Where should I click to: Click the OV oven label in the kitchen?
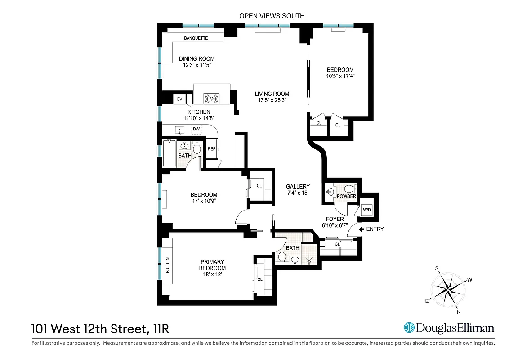pyautogui.click(x=179, y=99)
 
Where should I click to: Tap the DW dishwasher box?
pyautogui.click(x=196, y=130)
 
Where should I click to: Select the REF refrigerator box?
pyautogui.click(x=211, y=149)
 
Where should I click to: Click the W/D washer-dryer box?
pyautogui.click(x=367, y=210)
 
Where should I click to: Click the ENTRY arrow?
pyautogui.click(x=361, y=229)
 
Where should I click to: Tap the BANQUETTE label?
pyautogui.click(x=196, y=38)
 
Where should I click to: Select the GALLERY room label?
pyautogui.click(x=298, y=186)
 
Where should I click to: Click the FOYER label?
pyautogui.click(x=335, y=219)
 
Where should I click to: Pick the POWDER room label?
pyautogui.click(x=346, y=197)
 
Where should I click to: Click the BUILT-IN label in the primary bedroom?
pyautogui.click(x=167, y=265)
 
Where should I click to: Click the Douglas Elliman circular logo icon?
pyautogui.click(x=409, y=328)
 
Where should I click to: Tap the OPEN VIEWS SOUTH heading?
pyautogui.click(x=272, y=16)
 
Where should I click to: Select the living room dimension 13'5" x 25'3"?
pyautogui.click(x=272, y=100)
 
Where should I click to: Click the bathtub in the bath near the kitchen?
pyautogui.click(x=169, y=153)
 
